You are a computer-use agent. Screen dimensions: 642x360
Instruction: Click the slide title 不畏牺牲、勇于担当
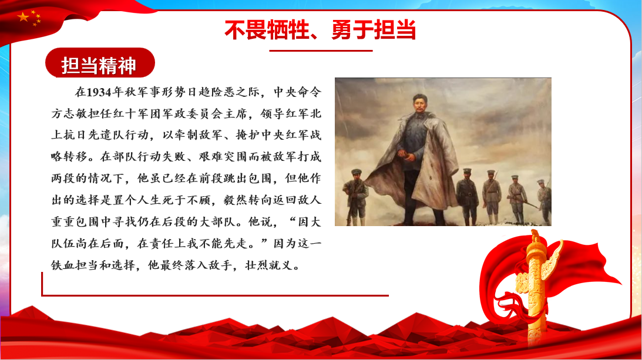click(320, 30)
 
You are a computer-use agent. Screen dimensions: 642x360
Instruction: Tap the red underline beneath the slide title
click(321, 51)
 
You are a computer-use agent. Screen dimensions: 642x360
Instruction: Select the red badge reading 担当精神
click(100, 63)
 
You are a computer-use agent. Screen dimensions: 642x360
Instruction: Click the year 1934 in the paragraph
click(99, 92)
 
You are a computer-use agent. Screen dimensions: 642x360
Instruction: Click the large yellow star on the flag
click(23, 17)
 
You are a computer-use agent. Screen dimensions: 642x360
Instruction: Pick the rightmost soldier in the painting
click(544, 201)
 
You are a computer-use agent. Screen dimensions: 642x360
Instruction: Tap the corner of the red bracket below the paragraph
click(42, 295)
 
